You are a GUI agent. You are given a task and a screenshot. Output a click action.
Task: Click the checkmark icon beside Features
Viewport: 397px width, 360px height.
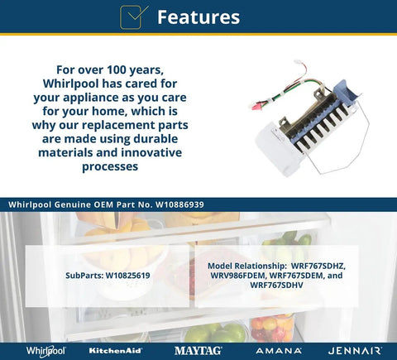click(x=134, y=17)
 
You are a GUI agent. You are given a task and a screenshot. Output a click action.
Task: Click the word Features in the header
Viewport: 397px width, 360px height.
click(x=198, y=17)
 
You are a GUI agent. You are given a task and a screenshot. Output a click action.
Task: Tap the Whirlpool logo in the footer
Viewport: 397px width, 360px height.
click(x=46, y=351)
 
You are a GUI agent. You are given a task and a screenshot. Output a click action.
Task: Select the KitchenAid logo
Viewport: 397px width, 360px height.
click(x=116, y=351)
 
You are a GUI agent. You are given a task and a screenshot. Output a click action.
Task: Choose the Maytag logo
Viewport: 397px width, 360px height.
click(x=198, y=351)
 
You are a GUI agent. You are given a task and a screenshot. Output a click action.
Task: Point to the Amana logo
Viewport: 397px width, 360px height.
click(x=279, y=351)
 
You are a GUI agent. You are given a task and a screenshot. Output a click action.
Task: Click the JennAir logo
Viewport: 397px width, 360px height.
click(x=355, y=351)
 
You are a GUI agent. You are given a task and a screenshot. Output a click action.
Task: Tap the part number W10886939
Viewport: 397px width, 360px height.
click(x=179, y=204)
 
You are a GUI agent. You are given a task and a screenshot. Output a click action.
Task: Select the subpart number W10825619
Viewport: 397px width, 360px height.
click(x=128, y=276)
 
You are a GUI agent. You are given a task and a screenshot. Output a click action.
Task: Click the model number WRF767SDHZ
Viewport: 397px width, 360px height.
click(x=318, y=266)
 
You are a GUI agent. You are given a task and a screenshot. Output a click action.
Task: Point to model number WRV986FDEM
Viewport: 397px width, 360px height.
click(x=238, y=276)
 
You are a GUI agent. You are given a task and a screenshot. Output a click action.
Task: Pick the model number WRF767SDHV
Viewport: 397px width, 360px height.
click(x=276, y=285)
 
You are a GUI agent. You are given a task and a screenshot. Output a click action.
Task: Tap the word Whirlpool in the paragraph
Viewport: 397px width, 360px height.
click(x=72, y=84)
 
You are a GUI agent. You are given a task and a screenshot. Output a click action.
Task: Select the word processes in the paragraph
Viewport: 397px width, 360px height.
click(x=110, y=167)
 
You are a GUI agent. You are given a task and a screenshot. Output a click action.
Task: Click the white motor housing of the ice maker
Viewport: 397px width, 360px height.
click(x=276, y=151)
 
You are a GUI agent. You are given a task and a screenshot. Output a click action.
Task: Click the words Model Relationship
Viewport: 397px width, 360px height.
click(x=247, y=266)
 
